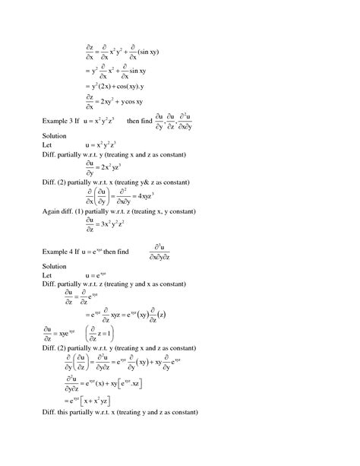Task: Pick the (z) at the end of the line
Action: coord(169,314)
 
